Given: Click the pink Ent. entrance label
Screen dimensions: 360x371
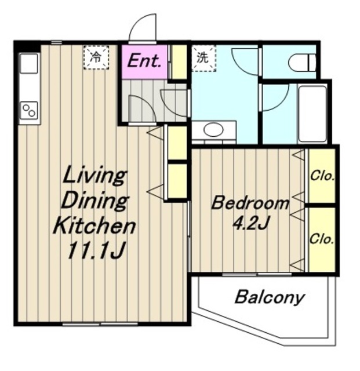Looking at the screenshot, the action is click(144, 61).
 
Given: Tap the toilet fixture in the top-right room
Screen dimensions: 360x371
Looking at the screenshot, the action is click(302, 63).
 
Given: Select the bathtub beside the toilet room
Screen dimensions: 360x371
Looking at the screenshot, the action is click(312, 115).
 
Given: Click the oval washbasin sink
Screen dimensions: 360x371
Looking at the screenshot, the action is click(213, 130).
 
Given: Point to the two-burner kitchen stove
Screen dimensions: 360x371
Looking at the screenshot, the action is click(30, 111).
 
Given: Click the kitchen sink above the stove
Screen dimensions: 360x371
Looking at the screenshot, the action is click(29, 64).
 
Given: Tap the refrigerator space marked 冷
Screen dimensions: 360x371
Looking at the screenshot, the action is click(96, 57).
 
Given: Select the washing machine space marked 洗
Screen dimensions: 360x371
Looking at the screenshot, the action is click(203, 58).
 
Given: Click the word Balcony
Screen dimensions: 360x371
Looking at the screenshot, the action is click(270, 297).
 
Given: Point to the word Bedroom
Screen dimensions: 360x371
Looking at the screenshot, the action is click(250, 203).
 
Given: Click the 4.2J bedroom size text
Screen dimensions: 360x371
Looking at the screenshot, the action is click(251, 223).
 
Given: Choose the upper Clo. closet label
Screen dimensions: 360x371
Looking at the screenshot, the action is click(322, 176).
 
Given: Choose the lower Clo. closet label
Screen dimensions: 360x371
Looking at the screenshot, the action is click(322, 239).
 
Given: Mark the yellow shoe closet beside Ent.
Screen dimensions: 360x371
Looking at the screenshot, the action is click(179, 62).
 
